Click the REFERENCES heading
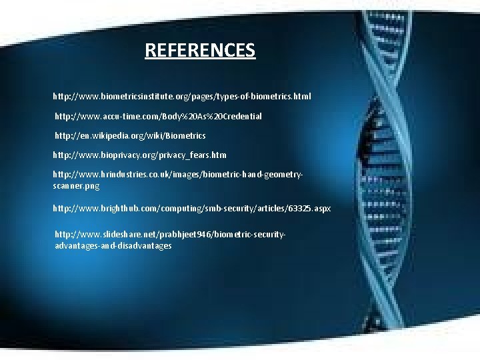click(200, 50)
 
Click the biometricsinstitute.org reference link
click(182, 97)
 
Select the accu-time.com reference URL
click(158, 116)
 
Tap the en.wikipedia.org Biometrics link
click(130, 135)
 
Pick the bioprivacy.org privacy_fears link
click(140, 155)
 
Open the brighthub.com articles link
click(192, 208)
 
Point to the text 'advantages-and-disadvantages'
click(113, 245)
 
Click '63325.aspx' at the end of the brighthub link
click(309, 208)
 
